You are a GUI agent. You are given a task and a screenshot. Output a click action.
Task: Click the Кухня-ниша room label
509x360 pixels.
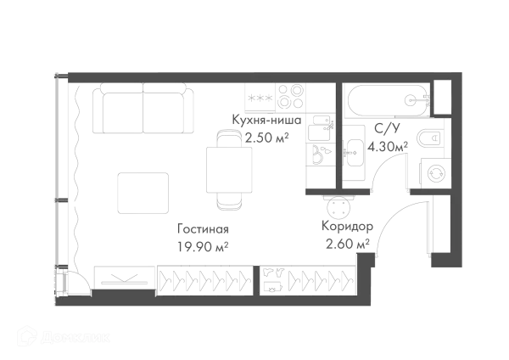coord(268,121)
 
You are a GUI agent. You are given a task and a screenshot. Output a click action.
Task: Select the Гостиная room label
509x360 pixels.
coord(204,230)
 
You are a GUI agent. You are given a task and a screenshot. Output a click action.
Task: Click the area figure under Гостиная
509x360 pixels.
coord(202,246)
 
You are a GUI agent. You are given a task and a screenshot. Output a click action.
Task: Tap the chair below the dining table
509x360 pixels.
coord(230,204)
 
